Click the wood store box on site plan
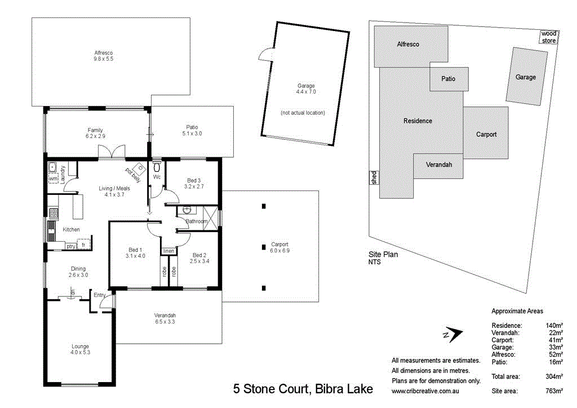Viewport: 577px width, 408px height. tap(548, 37)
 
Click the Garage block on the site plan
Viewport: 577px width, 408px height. tap(526, 77)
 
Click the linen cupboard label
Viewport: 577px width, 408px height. tap(168, 251)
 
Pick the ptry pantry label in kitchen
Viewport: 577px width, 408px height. tap(71, 246)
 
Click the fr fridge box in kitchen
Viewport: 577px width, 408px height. tap(83, 245)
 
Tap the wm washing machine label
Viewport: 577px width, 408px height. tap(53, 179)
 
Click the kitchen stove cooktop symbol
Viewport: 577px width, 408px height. tap(54, 214)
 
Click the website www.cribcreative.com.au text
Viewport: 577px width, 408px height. tap(428, 391)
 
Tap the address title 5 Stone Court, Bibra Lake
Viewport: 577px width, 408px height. tap(303, 389)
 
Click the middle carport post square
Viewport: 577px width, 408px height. tap(264, 246)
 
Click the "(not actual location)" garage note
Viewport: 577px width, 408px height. tap(303, 113)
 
